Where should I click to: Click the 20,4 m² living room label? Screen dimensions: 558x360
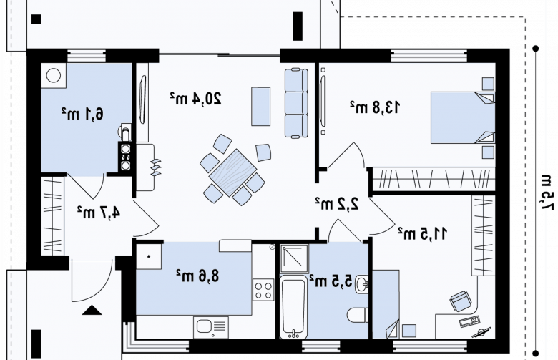[195, 99]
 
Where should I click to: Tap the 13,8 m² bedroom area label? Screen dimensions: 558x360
[375, 107]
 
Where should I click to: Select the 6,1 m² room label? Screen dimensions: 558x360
[82, 114]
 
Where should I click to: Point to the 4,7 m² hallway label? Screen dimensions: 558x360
[99, 213]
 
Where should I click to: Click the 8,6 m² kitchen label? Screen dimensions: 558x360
[197, 276]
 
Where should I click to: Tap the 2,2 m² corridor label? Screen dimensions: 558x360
[337, 203]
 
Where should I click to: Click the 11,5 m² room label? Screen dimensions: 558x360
[422, 233]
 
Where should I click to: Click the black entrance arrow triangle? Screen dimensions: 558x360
[92, 310]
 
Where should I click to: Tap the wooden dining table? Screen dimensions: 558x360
[232, 172]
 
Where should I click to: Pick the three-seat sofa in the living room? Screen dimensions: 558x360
[296, 103]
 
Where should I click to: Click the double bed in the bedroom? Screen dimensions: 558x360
[463, 117]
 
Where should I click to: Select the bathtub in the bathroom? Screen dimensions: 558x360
[293, 307]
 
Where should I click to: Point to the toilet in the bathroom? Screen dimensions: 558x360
[358, 315]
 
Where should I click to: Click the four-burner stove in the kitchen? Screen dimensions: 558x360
[263, 290]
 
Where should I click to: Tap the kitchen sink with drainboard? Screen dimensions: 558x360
[211, 327]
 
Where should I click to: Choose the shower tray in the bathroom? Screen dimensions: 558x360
[294, 258]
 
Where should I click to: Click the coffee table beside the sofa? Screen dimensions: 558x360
[261, 107]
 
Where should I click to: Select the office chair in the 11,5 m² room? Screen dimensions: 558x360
[461, 301]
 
